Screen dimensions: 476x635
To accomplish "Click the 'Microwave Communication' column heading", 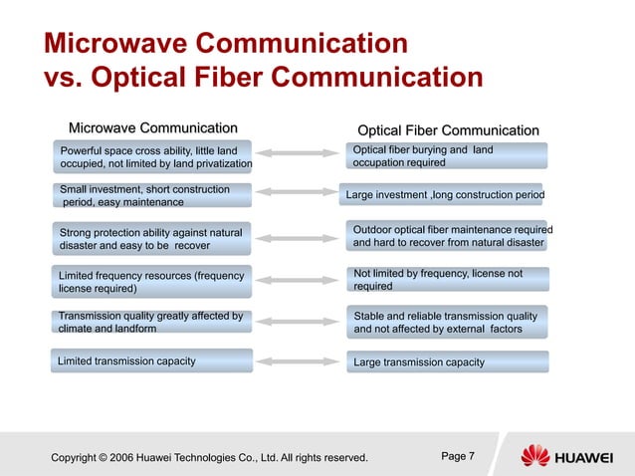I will (x=152, y=127).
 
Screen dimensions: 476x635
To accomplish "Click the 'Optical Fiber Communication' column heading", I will (x=448, y=130).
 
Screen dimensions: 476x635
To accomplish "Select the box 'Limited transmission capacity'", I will (x=151, y=360).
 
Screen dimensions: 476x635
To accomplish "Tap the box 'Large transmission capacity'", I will (x=447, y=361).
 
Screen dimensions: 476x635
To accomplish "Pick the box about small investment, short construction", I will (x=151, y=195).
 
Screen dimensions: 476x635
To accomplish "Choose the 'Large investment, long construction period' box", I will (x=444, y=195).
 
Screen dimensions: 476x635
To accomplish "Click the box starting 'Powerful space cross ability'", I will (x=151, y=157).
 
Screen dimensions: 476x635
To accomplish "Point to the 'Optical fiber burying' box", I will (x=447, y=156).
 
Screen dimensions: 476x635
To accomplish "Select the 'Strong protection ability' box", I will (x=151, y=239).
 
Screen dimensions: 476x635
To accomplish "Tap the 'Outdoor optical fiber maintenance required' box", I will (x=447, y=236).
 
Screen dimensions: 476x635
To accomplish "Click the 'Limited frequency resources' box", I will (x=151, y=282).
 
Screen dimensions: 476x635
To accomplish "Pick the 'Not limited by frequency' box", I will (x=447, y=279).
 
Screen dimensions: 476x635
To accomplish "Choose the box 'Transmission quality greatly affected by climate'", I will (x=151, y=323).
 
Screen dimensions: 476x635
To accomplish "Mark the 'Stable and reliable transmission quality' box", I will (x=447, y=323).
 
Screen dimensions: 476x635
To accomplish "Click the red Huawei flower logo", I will (x=534, y=456).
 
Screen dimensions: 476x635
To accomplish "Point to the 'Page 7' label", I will (x=457, y=456).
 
